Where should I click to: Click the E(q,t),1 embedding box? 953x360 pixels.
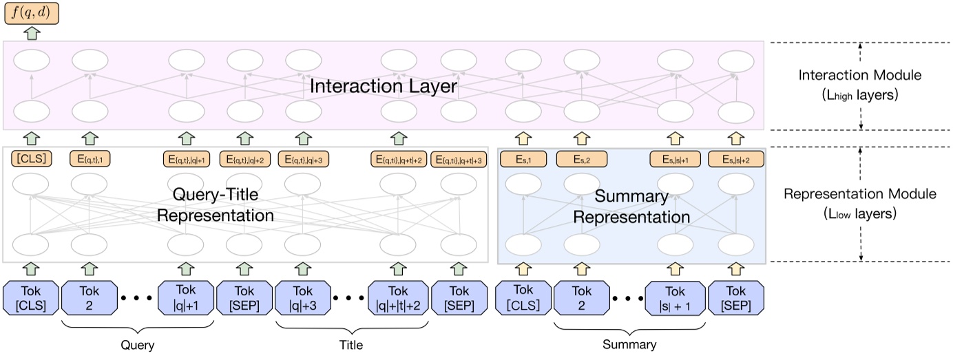click(91, 160)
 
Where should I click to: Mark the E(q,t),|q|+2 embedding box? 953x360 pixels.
click(244, 160)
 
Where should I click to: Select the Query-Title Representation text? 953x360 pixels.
click(215, 206)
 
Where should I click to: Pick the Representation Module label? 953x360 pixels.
click(861, 194)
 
